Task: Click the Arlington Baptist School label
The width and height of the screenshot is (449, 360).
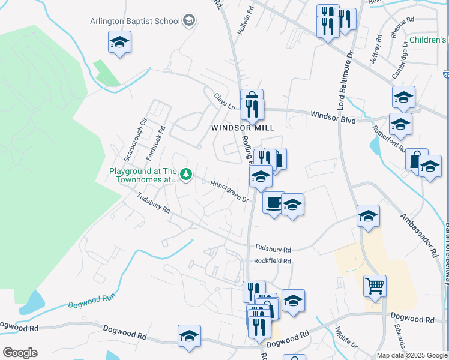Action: coord(134,21)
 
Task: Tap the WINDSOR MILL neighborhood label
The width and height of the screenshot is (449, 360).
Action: coord(243,128)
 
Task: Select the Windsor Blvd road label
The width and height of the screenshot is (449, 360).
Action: coord(333,116)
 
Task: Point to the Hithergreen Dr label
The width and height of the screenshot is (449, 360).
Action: coord(229,191)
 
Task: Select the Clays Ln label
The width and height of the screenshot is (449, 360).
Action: coord(224,100)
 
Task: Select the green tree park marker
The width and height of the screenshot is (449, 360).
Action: coord(186,174)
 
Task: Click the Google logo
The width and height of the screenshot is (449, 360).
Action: coord(20,353)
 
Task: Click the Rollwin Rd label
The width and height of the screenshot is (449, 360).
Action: coord(246,19)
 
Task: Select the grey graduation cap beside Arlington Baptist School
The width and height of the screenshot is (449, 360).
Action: coord(190,21)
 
